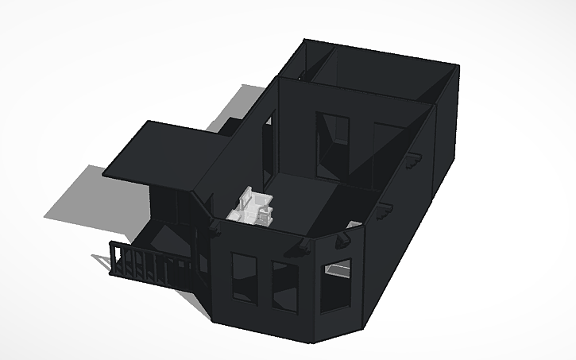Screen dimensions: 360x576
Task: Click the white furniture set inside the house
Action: pos(253,206)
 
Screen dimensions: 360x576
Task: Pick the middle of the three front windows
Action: pos(284,285)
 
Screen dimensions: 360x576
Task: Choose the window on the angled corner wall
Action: pos(337,283)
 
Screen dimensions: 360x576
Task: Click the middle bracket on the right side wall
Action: pos(386,211)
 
